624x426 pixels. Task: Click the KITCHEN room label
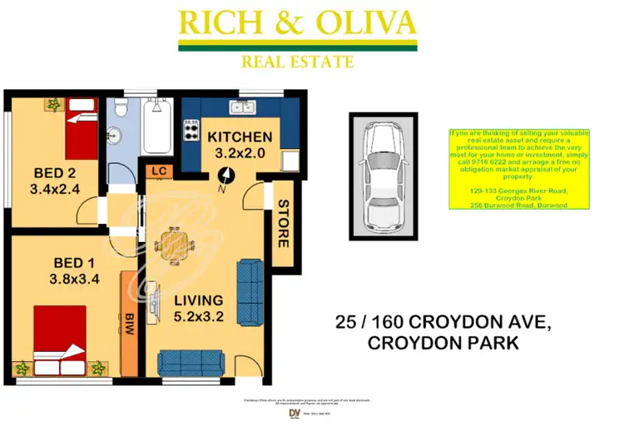(240, 136)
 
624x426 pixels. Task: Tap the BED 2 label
(56, 173)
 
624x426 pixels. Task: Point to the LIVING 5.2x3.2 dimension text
(199, 317)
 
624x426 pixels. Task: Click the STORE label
(282, 224)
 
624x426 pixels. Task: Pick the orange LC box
(156, 171)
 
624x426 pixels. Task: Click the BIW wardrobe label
(130, 323)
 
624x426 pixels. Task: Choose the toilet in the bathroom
(121, 111)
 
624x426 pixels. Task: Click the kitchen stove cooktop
(191, 131)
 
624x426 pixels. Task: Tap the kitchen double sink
(243, 106)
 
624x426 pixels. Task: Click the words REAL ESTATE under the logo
(297, 62)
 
